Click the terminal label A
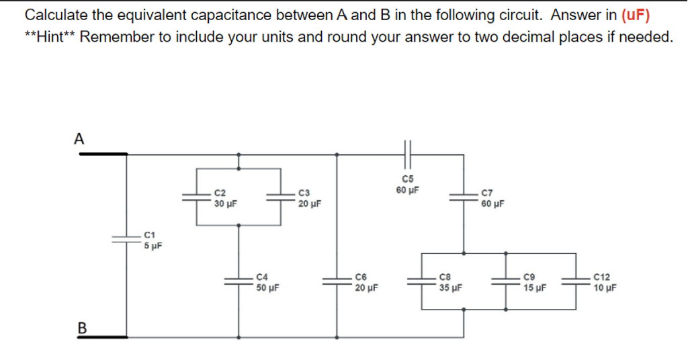[79, 139]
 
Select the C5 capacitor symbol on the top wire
[407, 154]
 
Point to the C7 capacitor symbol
[462, 196]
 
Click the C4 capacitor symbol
[239, 281]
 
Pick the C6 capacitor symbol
[337, 281]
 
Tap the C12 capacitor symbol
[576, 281]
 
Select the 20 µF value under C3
[309, 202]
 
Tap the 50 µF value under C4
[268, 288]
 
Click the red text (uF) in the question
[636, 15]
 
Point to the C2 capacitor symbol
[196, 196]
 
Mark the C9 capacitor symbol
[506, 281]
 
